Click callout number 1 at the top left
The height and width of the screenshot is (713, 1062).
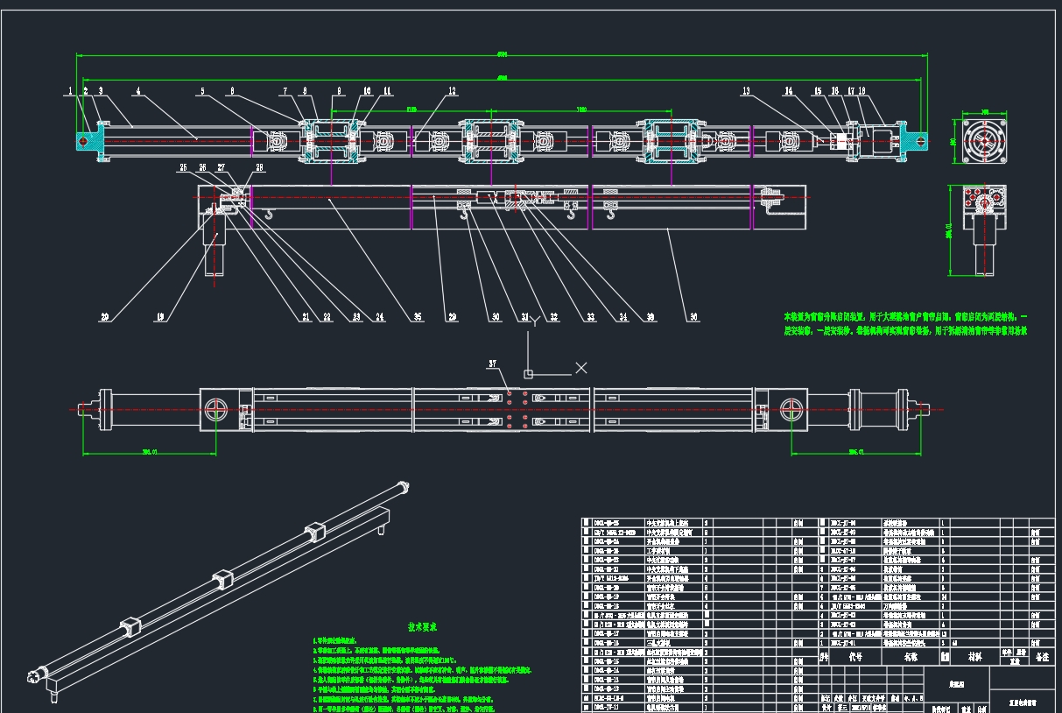tap(69, 90)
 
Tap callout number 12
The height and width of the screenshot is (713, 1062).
tap(452, 90)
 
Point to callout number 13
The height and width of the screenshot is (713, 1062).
tap(746, 90)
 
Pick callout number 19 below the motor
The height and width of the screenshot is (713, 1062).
tap(161, 317)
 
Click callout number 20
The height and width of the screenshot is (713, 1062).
tap(105, 317)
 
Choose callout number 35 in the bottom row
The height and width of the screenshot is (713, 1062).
tap(417, 317)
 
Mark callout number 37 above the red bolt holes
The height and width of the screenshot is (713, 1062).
tap(493, 363)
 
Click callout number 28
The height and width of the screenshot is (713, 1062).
tap(259, 167)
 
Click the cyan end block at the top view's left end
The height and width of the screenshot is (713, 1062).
tap(85, 141)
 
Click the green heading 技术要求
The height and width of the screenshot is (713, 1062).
tap(397, 627)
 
